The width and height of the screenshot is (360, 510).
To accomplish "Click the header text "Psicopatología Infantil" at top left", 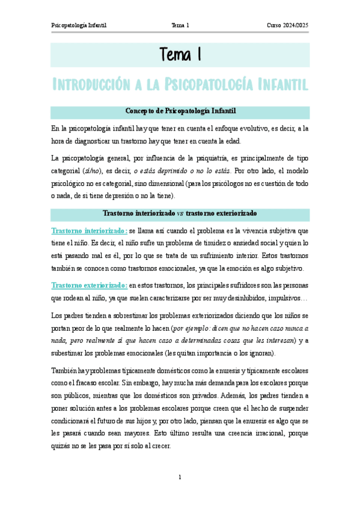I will click(x=79, y=25).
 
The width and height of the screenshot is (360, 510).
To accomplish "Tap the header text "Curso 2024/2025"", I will click(x=288, y=25).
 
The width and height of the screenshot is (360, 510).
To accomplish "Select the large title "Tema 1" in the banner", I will click(x=180, y=55).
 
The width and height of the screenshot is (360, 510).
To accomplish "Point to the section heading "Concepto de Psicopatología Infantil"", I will click(x=180, y=111).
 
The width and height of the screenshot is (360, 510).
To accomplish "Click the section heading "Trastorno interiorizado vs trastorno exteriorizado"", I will click(x=180, y=214).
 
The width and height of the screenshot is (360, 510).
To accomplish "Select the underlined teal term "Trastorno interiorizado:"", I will click(x=89, y=230).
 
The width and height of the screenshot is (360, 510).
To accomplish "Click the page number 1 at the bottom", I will click(x=180, y=478).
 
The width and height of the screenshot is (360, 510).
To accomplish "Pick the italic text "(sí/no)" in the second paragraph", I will click(x=92, y=170).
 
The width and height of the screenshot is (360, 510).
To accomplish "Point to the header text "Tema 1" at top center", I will click(x=180, y=25).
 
